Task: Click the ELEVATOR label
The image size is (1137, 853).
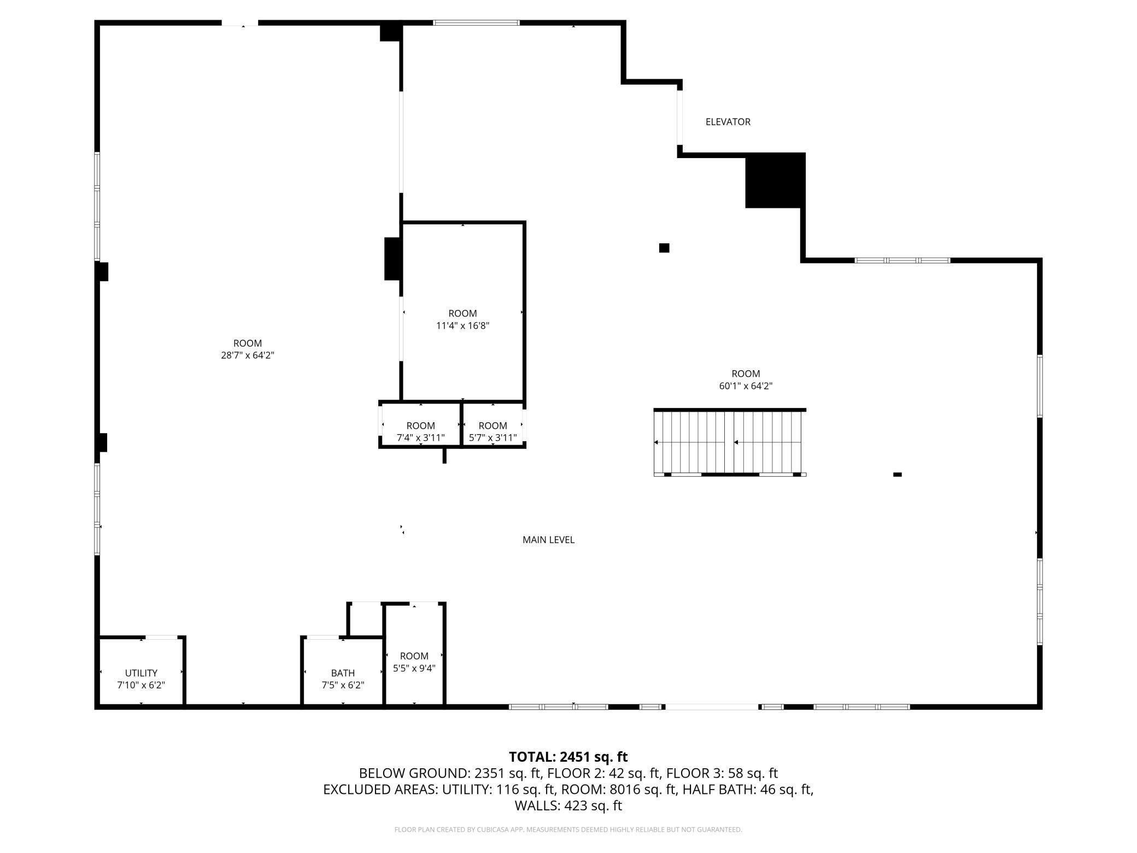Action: coord(728,122)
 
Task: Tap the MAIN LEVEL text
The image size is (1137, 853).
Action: coord(548,540)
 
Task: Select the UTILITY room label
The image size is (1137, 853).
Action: coord(141,673)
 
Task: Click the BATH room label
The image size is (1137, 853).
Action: coord(343,673)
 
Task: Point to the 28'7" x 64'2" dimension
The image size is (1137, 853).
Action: coord(248,355)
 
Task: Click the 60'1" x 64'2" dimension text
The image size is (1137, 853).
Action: coord(746,386)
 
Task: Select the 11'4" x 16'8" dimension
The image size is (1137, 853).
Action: coord(462,326)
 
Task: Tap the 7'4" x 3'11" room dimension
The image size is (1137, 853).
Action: coord(420,438)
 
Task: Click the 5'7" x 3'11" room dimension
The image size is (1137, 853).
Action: coord(493,438)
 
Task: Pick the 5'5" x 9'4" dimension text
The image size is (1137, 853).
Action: coord(414,668)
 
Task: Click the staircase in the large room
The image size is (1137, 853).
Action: coord(730,442)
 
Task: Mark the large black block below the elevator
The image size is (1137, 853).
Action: coord(775,180)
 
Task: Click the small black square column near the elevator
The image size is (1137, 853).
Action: coord(664,248)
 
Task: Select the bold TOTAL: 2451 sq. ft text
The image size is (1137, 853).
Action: coord(568,757)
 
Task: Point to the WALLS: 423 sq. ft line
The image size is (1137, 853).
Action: coord(568,805)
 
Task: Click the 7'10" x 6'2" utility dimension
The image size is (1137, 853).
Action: coord(141,685)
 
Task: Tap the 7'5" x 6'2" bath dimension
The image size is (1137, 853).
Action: coord(343,685)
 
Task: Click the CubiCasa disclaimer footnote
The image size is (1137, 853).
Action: coord(568,829)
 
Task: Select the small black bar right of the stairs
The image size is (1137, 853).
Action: coord(897,475)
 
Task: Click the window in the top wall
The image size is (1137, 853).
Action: coord(476,23)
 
